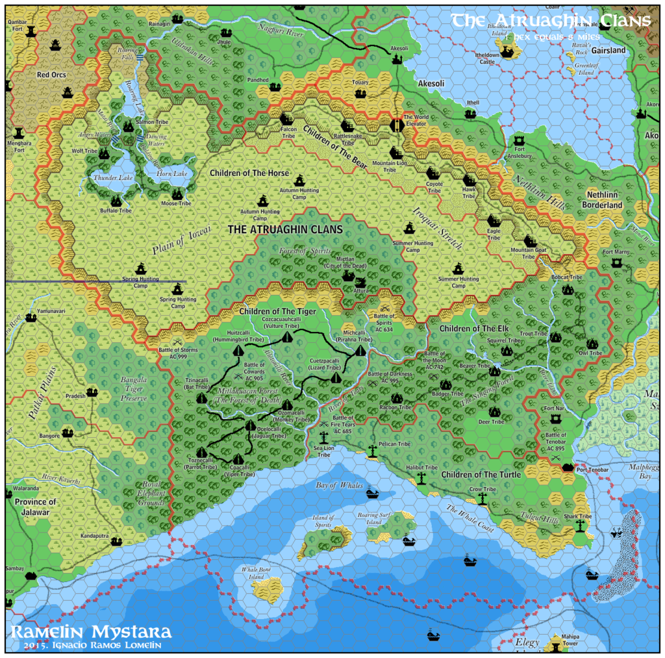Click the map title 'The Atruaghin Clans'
pyautogui.click(x=551, y=21)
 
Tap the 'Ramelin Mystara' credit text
pyautogui.click(x=91, y=631)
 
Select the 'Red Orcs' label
pyautogui.click(x=51, y=75)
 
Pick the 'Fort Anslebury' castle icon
pyautogui.click(x=519, y=141)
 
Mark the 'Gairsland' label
pyautogui.click(x=609, y=50)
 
